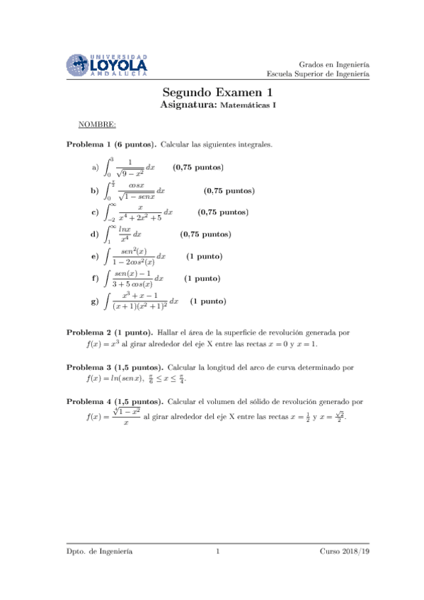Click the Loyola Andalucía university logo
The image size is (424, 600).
108,64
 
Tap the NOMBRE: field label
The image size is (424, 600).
98,125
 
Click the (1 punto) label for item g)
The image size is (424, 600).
208,301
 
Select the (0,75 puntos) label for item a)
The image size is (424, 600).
198,168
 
